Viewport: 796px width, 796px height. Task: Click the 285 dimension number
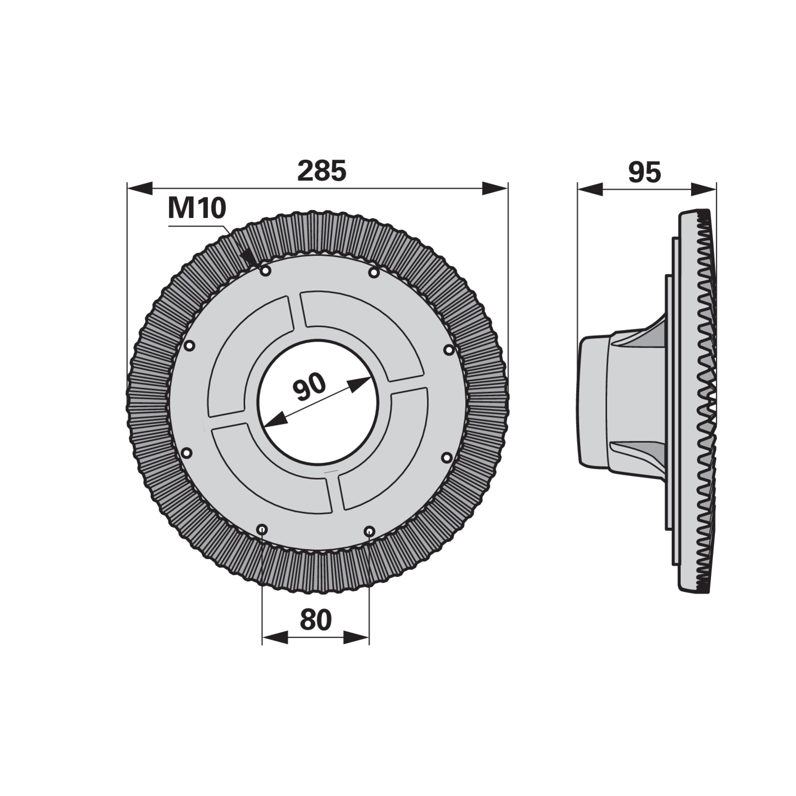tap(321, 171)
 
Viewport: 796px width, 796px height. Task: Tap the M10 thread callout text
tap(197, 208)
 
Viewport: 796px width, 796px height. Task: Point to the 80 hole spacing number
tap(316, 620)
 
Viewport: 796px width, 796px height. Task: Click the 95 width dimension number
tap(645, 172)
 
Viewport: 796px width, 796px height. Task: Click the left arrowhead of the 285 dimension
tap(140, 189)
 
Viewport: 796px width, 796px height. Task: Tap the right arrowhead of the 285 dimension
tap(495, 189)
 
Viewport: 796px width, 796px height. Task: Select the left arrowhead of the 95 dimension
tap(590, 189)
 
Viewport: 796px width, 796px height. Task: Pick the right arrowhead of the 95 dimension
tap(704, 189)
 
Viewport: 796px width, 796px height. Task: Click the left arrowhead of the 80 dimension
tap(275, 637)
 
